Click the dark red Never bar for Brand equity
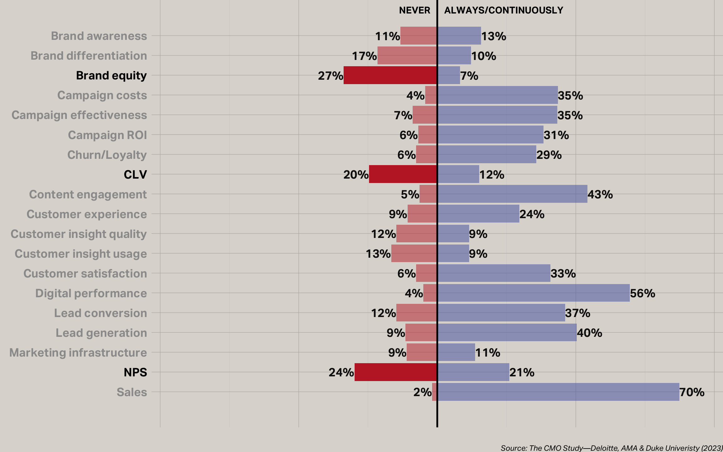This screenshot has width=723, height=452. (390, 75)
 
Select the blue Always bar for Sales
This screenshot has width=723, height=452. (558, 392)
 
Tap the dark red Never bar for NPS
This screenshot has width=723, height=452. (396, 372)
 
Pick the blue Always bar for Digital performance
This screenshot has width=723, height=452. (533, 293)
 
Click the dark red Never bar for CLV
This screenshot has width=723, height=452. (403, 174)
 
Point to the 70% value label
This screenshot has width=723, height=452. (692, 392)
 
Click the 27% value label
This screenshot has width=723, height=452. (330, 76)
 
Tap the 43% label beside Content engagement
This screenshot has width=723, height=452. (600, 195)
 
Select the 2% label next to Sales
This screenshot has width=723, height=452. (422, 392)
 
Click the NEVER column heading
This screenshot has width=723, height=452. (415, 10)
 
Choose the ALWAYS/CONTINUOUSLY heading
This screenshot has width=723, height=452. (504, 10)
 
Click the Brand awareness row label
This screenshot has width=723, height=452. (99, 36)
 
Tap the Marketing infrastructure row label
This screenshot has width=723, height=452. (78, 353)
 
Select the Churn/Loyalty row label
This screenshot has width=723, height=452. (107, 155)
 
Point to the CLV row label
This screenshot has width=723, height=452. (135, 175)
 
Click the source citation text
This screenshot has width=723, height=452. (611, 448)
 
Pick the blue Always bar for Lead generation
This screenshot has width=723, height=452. (507, 333)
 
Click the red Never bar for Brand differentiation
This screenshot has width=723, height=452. (407, 56)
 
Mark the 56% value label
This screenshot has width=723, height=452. (642, 293)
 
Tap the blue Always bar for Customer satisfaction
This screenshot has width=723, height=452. (494, 273)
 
